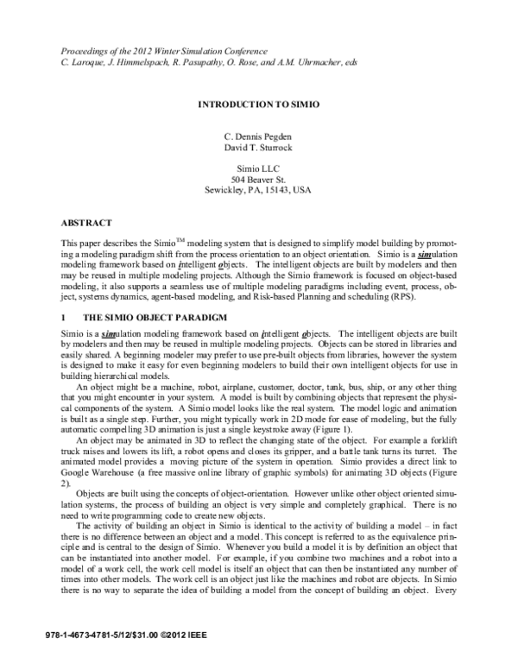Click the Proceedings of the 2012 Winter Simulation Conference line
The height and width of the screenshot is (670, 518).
coord(161,51)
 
